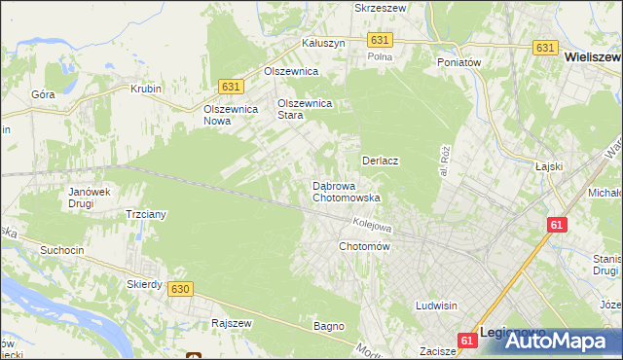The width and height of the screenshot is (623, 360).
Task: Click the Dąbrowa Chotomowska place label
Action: (x=346, y=191)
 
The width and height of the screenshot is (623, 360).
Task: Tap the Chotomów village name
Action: (x=364, y=247)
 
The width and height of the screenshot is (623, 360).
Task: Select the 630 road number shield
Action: (x=179, y=289)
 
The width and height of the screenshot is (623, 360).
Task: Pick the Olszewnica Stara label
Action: (x=305, y=108)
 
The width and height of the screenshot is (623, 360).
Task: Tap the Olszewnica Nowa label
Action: (x=230, y=115)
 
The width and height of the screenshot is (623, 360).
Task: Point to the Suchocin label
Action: (x=61, y=250)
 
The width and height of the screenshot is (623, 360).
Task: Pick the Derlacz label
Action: (x=382, y=161)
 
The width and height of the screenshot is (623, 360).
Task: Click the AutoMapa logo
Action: (x=565, y=341)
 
